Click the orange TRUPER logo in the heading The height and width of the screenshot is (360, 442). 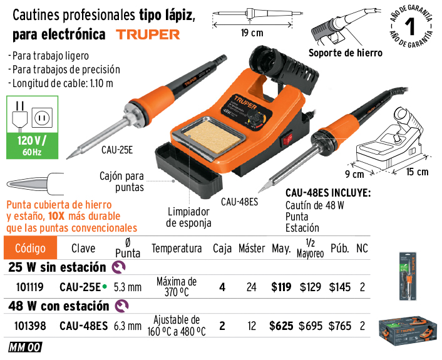coord(148,34)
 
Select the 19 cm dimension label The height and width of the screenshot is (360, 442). coord(252,33)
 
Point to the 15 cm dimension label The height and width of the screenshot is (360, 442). coord(417,172)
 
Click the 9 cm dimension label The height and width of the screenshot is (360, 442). coord(354,174)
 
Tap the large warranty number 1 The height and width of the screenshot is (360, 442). coord(411,27)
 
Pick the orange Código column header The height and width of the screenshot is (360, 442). coord(30,248)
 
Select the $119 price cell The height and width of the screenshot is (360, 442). coord(281,287)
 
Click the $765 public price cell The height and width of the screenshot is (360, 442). coord(340,326)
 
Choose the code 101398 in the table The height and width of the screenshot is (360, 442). coord(30,326)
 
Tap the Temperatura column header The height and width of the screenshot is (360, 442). coord(177,249)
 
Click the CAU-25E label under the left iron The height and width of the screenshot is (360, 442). coord(117,150)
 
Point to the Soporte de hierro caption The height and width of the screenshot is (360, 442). coord(346,53)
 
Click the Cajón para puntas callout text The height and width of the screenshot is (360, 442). coord(122,182)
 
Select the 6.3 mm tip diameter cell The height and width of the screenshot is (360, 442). coord(128,326)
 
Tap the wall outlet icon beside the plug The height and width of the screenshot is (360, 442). coord(42,117)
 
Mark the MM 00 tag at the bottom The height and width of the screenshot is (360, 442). coord(26,347)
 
